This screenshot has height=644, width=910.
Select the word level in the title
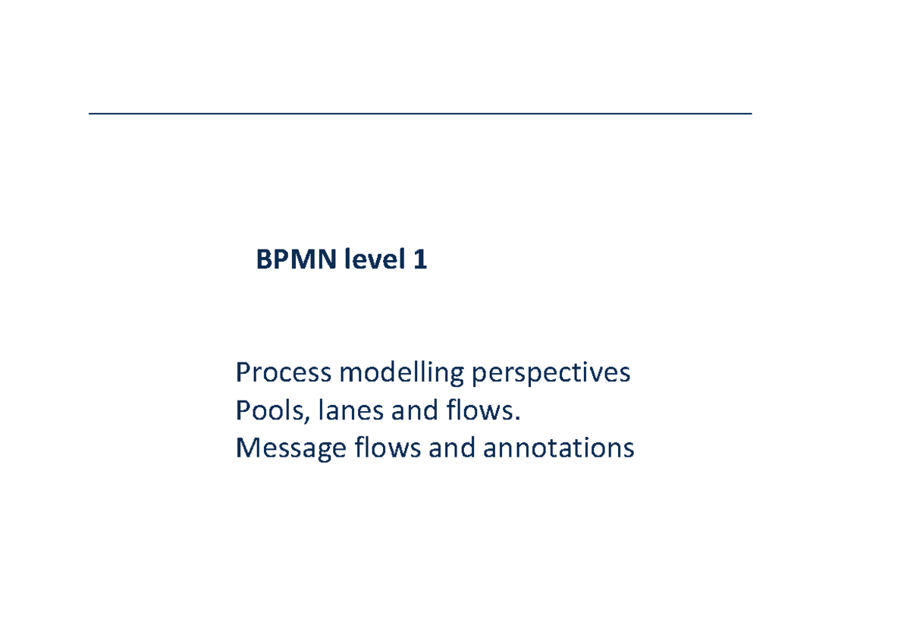tap(375, 261)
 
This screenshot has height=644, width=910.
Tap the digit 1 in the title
tap(419, 261)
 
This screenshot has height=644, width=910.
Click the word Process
tap(283, 373)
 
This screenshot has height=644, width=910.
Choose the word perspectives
tap(551, 373)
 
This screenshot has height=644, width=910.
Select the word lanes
tap(340, 411)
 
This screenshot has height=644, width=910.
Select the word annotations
tap(558, 449)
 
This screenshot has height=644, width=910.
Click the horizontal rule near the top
tap(419, 114)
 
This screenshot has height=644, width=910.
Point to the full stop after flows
tap(520, 419)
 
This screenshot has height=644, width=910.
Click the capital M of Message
tap(247, 449)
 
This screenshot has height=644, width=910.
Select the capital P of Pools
tap(242, 411)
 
